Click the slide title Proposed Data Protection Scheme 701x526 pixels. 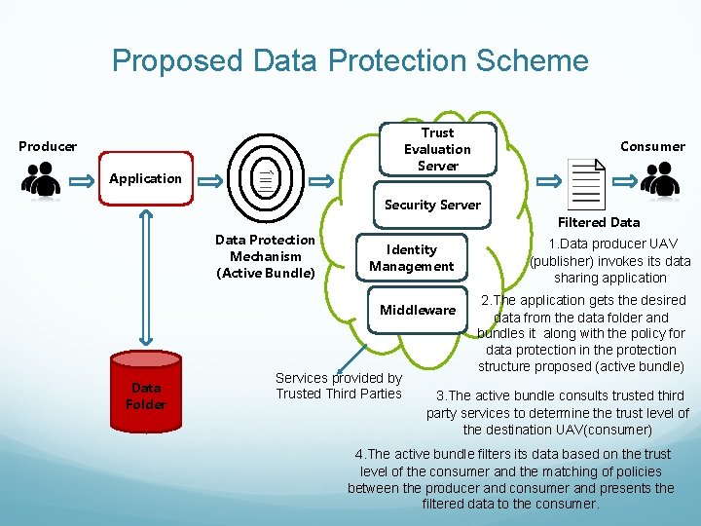[x=350, y=60]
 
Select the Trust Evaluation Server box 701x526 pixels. [x=437, y=149]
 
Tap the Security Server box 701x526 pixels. [x=432, y=205]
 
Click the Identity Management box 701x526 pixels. [x=411, y=257]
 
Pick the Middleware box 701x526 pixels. [x=417, y=310]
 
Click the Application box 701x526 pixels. [x=145, y=178]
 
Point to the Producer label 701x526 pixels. [x=48, y=146]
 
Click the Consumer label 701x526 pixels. [x=652, y=146]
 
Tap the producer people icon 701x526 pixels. [x=41, y=180]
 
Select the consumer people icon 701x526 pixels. [x=661, y=180]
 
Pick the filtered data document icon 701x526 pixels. [x=587, y=182]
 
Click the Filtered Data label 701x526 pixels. [x=598, y=222]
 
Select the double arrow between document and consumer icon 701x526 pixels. [x=624, y=181]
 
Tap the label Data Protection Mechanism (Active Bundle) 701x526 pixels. [x=265, y=255]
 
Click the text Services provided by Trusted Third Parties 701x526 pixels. [x=338, y=386]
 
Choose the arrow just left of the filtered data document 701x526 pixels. [x=549, y=181]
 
